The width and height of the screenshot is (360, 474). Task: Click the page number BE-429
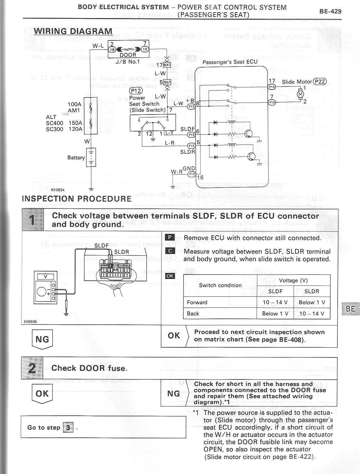[x=330, y=12]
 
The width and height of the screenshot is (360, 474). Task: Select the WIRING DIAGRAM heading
[x=73, y=31]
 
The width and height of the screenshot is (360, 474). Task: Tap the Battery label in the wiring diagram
[x=76, y=158]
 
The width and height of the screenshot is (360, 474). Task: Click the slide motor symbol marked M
[x=300, y=94]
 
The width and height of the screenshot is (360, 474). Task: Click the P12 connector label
[x=136, y=91]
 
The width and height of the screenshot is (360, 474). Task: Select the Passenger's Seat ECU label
[x=230, y=62]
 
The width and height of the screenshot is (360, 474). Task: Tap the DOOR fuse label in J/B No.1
[x=128, y=55]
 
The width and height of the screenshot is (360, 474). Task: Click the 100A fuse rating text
[x=74, y=104]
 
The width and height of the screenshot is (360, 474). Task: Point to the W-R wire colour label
[x=177, y=172]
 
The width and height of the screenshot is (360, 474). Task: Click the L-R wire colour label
[x=170, y=143]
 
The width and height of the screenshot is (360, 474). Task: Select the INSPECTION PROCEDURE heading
[x=76, y=199]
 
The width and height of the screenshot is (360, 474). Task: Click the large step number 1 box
[x=32, y=220]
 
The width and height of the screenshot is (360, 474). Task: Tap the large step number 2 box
[x=32, y=368]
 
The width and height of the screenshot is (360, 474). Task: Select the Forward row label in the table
[x=197, y=302]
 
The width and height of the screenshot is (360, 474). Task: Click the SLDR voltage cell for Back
[x=312, y=313]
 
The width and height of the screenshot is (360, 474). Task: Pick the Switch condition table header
[x=220, y=285]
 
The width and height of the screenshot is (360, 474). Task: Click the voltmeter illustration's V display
[x=45, y=277]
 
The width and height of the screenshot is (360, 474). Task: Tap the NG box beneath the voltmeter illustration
[x=42, y=339]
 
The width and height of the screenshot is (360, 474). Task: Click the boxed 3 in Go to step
[x=68, y=428]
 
